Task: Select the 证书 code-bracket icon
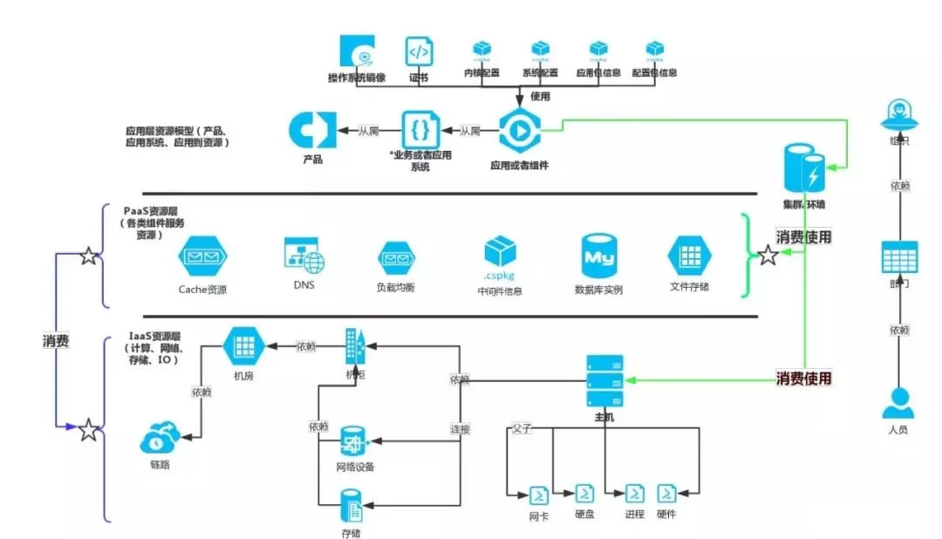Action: (420, 52)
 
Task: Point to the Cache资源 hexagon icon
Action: (202, 257)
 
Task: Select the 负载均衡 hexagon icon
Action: (396, 258)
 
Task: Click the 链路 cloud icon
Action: (160, 435)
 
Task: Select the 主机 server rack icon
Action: (605, 380)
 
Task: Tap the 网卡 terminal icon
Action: (540, 495)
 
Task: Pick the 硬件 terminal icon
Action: (666, 494)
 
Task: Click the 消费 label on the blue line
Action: (56, 341)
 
